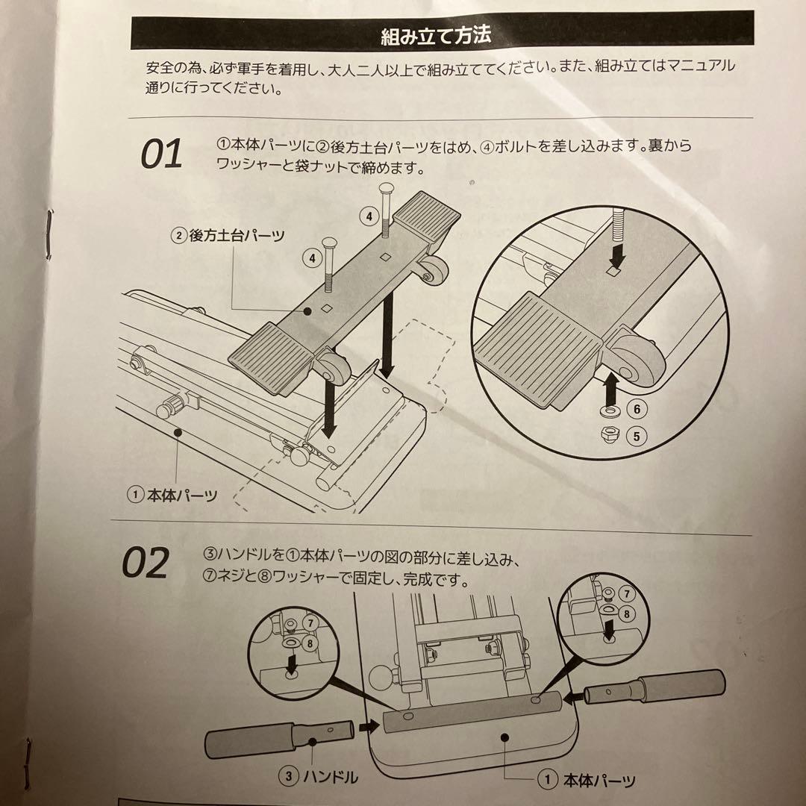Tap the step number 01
click(x=162, y=154)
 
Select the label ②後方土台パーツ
click(x=228, y=236)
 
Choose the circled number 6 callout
click(x=636, y=409)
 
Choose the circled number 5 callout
click(x=636, y=435)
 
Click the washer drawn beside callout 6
click(x=609, y=410)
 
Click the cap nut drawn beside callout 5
click(x=609, y=434)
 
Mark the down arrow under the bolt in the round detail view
click(x=617, y=258)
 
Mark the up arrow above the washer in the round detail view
click(x=609, y=386)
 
